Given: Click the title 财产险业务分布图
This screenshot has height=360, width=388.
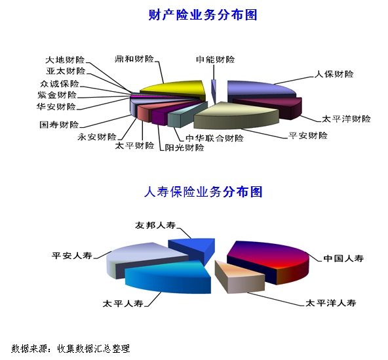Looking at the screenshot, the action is click(x=203, y=15).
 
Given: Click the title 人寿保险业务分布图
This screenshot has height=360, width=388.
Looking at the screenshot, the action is click(x=203, y=192).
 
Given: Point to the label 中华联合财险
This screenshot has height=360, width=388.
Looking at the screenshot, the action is click(x=214, y=138).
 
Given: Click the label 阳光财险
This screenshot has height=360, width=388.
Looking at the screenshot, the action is click(x=185, y=148).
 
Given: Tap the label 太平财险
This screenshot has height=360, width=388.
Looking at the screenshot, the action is click(x=134, y=146).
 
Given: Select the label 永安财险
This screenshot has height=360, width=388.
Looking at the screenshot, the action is click(x=97, y=136).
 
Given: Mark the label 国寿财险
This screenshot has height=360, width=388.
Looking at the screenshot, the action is click(x=59, y=125).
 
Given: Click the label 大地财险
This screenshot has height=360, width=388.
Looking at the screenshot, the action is click(x=65, y=60).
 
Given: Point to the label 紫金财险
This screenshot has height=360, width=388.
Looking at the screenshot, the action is click(x=57, y=95).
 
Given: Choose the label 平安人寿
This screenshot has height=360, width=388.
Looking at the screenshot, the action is click(x=71, y=255).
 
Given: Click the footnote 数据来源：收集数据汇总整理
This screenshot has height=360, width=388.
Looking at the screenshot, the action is click(x=71, y=349).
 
